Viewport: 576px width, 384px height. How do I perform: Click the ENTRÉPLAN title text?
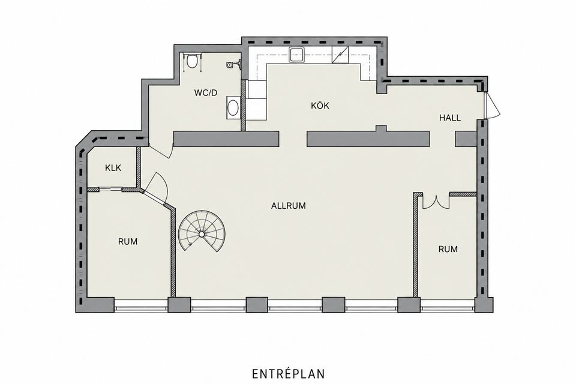[289, 374]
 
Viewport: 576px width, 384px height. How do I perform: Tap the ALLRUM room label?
[289, 206]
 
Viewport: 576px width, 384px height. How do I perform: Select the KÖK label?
[320, 106]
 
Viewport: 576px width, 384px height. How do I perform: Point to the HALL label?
[449, 118]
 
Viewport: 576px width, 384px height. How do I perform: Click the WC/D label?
[206, 93]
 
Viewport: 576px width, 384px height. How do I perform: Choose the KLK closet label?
[113, 168]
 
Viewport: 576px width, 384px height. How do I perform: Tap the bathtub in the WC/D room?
[233, 107]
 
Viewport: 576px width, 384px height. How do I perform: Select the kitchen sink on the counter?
[296, 55]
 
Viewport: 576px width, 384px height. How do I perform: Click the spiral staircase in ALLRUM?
[202, 231]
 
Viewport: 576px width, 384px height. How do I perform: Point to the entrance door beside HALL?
[492, 105]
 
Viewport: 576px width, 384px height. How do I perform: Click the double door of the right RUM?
[436, 202]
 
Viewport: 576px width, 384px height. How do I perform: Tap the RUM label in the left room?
[128, 242]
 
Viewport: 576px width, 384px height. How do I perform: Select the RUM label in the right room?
[448, 249]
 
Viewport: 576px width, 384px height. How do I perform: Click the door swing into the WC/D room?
[161, 151]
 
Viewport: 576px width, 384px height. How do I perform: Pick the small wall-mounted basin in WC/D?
[230, 65]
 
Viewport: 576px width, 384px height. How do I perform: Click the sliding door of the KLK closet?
[110, 190]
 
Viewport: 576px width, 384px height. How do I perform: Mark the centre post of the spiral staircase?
[202, 234]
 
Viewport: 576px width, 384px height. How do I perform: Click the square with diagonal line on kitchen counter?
[340, 55]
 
